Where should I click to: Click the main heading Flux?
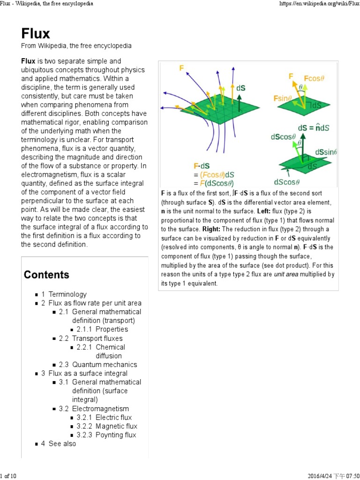point(36,33)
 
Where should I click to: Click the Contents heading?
point(46,275)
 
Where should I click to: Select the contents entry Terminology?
point(67,294)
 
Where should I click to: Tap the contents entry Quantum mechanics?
point(105,365)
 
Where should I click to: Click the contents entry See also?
point(62,444)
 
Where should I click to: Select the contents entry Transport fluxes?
point(97,338)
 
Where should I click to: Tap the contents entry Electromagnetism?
point(100,409)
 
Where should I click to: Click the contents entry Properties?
point(112,330)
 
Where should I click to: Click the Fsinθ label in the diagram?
point(283,98)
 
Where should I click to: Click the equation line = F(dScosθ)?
point(214,183)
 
